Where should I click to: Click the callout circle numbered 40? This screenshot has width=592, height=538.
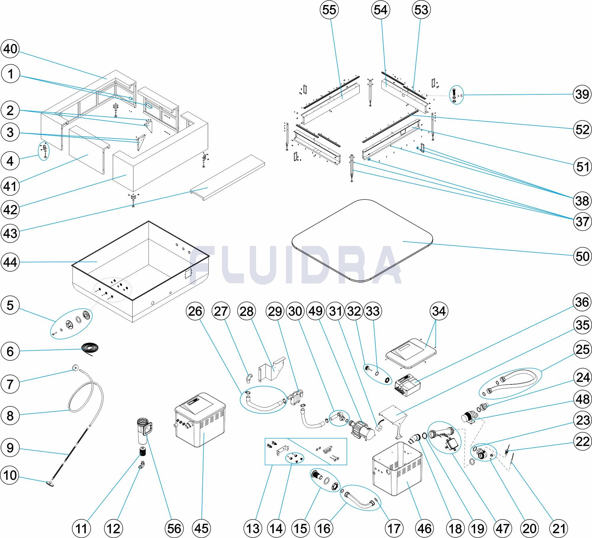tap(10, 49)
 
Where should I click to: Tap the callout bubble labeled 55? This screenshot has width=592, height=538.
tap(329, 10)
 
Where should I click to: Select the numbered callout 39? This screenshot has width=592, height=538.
tap(582, 94)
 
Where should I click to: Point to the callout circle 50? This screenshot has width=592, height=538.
tap(582, 256)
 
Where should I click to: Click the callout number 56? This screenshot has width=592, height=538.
tap(174, 528)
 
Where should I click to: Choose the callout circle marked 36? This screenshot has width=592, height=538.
tap(582, 302)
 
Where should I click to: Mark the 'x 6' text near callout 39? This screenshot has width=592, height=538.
tap(459, 96)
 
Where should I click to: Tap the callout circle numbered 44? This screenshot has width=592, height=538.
tap(10, 262)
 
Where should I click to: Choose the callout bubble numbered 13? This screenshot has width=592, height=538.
tap(253, 528)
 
